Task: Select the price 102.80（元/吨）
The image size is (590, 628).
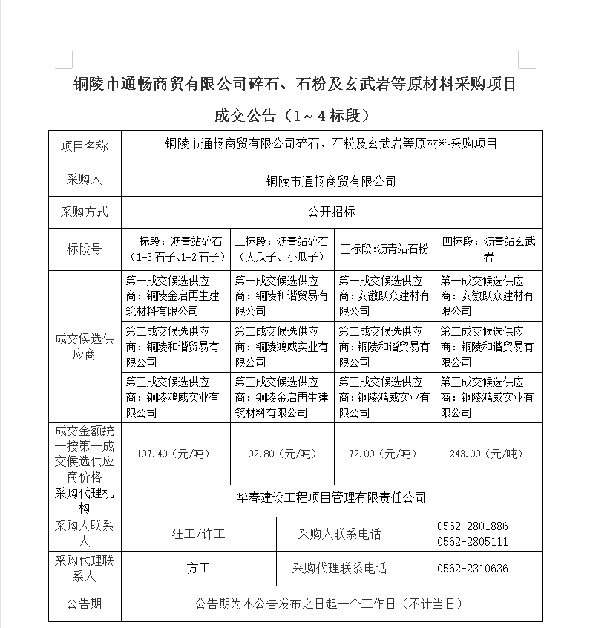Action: click(x=282, y=454)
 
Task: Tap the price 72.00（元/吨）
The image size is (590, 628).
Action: click(x=385, y=454)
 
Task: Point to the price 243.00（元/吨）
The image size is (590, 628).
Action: click(x=488, y=454)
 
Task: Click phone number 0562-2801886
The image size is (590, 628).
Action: click(x=473, y=526)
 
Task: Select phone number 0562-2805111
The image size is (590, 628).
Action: click(x=473, y=542)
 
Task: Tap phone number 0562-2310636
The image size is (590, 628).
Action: click(x=473, y=569)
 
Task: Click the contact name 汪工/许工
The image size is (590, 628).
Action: click(x=198, y=534)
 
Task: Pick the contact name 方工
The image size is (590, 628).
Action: click(x=198, y=569)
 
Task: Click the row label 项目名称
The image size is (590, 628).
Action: click(x=84, y=146)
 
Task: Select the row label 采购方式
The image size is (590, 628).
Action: click(x=84, y=212)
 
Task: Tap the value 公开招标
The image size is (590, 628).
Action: click(x=331, y=212)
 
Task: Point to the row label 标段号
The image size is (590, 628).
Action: click(x=84, y=249)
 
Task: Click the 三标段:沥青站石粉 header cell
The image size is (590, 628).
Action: click(x=384, y=249)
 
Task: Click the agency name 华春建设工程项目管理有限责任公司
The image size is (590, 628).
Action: click(x=331, y=497)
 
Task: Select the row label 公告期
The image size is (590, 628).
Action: click(x=84, y=604)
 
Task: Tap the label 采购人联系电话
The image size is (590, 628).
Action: click(x=339, y=534)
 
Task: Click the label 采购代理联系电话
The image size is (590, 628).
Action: click(x=339, y=569)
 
